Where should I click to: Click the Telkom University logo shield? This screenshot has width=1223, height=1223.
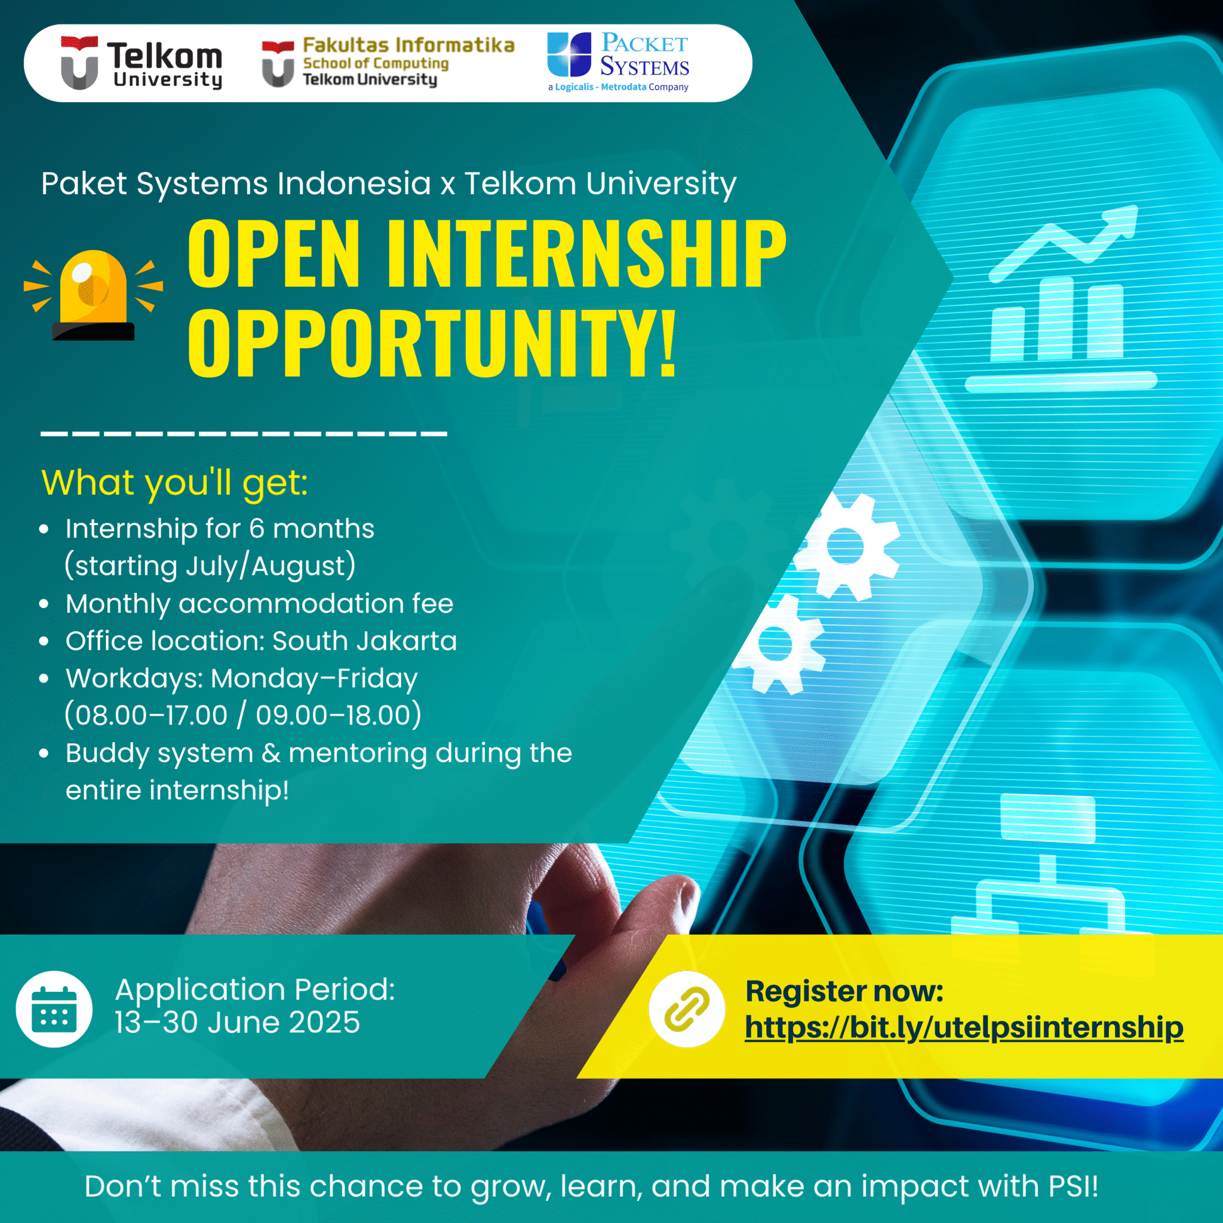(79, 63)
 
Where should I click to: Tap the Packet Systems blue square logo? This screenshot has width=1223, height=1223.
(569, 54)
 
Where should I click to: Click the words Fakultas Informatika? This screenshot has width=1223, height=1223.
(408, 45)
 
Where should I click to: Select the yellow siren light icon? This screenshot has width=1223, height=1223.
(93, 295)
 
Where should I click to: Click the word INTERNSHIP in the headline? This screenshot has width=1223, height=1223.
(586, 254)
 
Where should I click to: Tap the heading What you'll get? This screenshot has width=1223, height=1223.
(175, 483)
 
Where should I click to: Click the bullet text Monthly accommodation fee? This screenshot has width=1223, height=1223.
(260, 603)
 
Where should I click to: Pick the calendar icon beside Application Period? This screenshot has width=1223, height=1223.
(54, 1009)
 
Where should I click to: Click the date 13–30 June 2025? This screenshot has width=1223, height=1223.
(238, 1023)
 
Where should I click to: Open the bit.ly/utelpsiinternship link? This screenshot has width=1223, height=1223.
(963, 1027)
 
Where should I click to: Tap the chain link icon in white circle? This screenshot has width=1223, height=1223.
(687, 1009)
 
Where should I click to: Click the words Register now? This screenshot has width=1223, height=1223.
(844, 991)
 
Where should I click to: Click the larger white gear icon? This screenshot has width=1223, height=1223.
(845, 546)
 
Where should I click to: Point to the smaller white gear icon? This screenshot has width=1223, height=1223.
(776, 644)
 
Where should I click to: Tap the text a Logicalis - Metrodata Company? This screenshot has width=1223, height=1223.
(618, 87)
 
